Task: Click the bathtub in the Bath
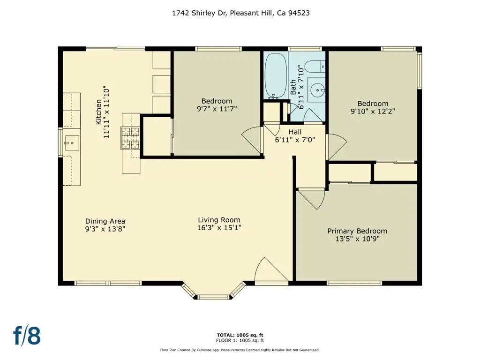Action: click(x=276, y=75)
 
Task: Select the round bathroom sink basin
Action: click(x=317, y=90)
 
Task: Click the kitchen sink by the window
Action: click(x=72, y=143)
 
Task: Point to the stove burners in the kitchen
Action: click(x=131, y=138)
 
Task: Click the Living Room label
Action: click(x=219, y=220)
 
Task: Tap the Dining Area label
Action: click(x=105, y=221)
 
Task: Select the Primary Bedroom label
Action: click(x=357, y=231)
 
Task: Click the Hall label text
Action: click(x=295, y=132)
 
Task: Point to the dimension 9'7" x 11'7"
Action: click(x=217, y=109)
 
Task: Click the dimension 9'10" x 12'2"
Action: click(x=373, y=111)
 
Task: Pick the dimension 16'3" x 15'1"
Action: click(x=219, y=228)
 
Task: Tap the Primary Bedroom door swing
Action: click(x=312, y=199)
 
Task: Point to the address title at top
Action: click(x=240, y=13)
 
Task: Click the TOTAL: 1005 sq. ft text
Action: click(x=240, y=335)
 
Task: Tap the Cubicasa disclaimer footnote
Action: click(x=240, y=350)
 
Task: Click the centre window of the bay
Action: click(x=213, y=297)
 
